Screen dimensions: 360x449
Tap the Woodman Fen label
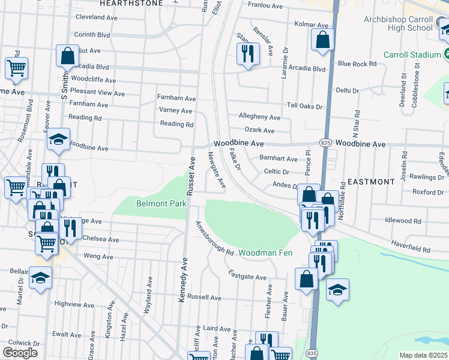[x=266, y=253]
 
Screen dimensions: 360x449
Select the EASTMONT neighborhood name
[x=371, y=181]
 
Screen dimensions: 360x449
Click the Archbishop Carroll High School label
[x=398, y=23]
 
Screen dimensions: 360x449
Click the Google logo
[x=20, y=353]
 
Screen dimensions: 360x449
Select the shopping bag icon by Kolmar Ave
[x=322, y=40]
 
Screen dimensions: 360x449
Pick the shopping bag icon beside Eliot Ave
[x=68, y=56]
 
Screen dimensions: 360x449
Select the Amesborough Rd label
[x=212, y=239]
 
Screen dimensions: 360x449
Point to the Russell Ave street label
[x=205, y=298]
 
